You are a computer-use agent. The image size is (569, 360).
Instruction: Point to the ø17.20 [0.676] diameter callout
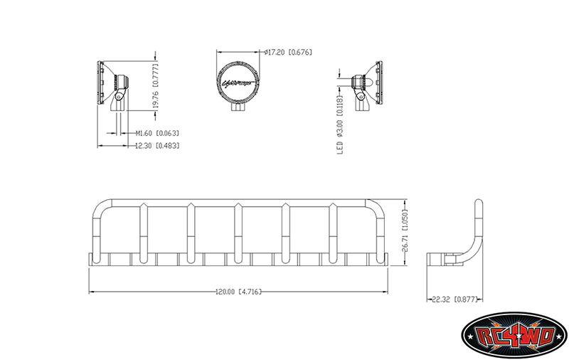click(x=287, y=52)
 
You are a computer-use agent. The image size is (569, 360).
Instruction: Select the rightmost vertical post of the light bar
click(x=331, y=231)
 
